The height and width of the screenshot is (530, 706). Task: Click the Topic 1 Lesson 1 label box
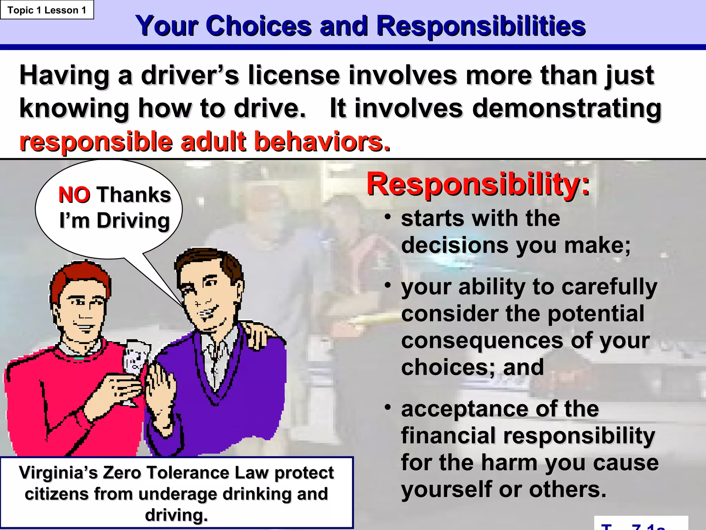click(x=47, y=10)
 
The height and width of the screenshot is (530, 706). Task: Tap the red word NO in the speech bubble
click(x=74, y=195)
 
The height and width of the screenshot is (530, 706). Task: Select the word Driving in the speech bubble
click(x=133, y=221)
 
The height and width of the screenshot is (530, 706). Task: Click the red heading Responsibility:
click(x=478, y=185)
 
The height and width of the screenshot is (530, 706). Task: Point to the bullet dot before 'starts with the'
click(x=388, y=217)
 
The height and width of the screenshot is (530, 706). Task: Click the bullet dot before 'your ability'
click(x=388, y=285)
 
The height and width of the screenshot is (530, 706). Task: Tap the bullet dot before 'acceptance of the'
click(x=388, y=408)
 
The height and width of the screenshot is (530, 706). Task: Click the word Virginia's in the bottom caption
click(x=58, y=473)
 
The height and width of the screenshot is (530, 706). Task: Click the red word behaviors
click(x=322, y=142)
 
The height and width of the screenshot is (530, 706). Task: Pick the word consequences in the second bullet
click(x=483, y=341)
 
